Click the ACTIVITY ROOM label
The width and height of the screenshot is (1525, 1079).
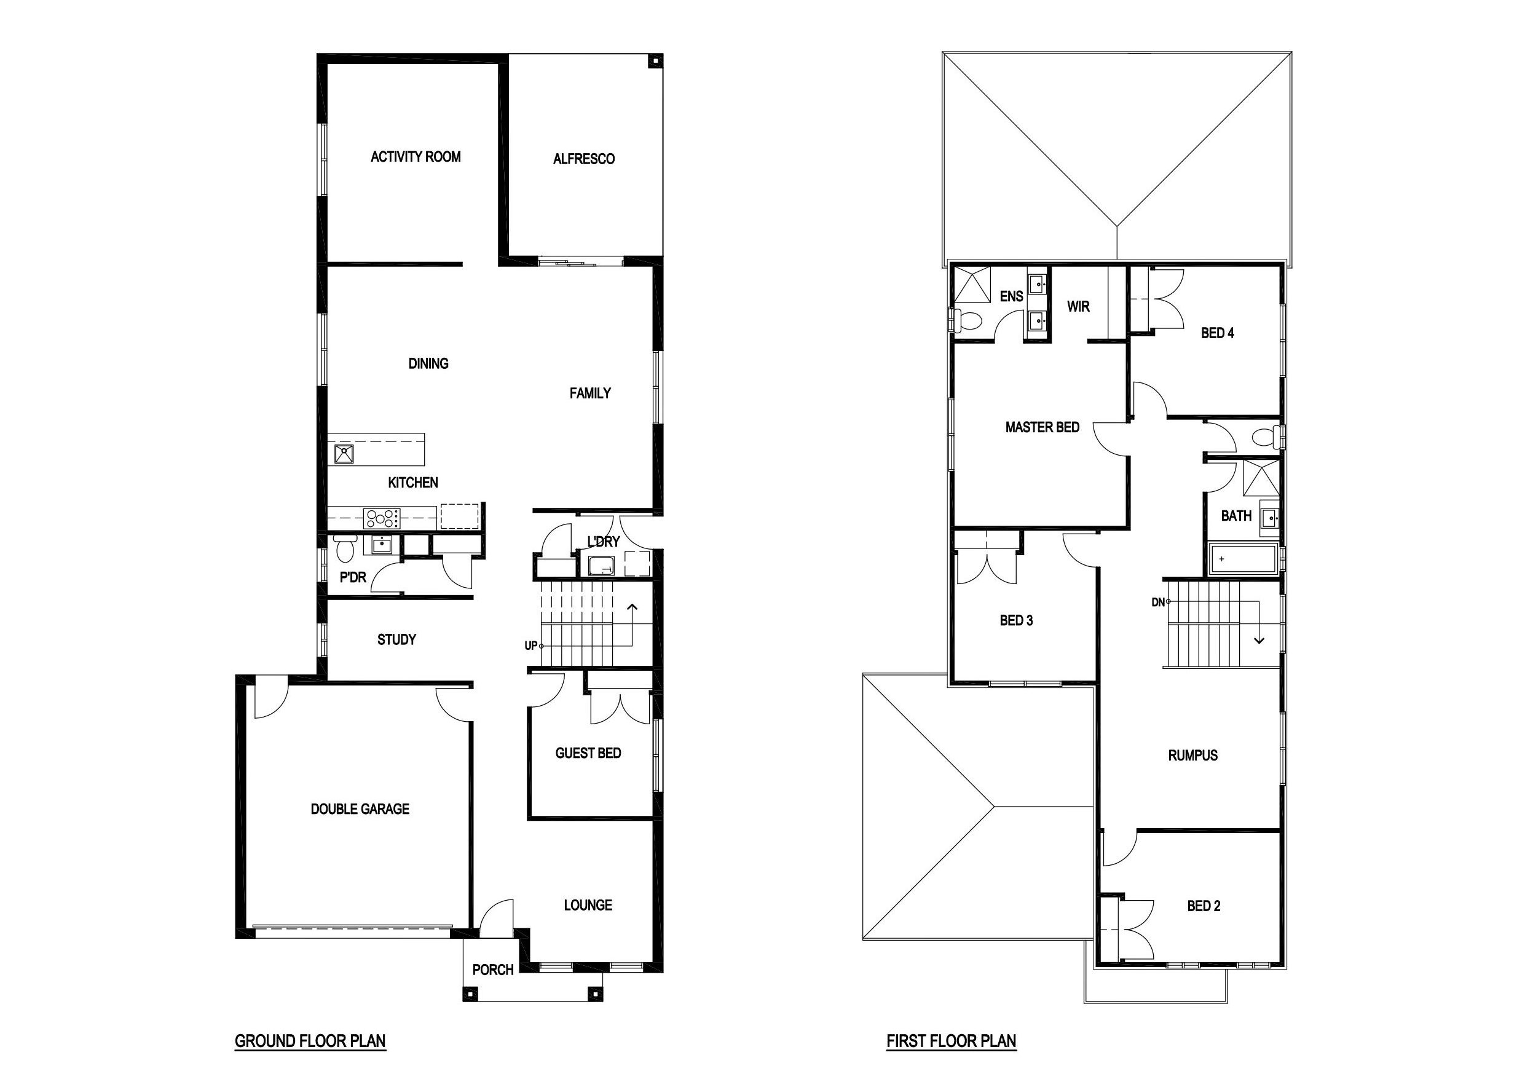tap(416, 157)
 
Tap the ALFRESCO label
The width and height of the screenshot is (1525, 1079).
tap(584, 159)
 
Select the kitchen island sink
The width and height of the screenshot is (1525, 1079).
tap(344, 454)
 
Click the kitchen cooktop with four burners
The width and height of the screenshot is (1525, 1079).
tap(382, 518)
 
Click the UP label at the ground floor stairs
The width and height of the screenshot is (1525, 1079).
tap(530, 646)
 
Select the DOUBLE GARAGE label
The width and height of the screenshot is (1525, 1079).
tap(360, 809)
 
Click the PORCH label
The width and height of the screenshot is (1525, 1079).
tap(493, 970)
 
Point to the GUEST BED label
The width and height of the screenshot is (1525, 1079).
tap(588, 753)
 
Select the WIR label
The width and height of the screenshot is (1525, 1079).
tap(1079, 306)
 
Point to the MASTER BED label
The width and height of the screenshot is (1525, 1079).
tap(1042, 427)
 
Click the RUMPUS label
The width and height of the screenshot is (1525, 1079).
tap(1193, 756)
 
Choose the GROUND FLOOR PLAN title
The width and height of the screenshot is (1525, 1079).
tap(310, 1041)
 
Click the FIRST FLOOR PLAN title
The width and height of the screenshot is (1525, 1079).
tap(951, 1041)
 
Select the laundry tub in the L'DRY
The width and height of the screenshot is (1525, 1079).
tap(603, 566)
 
